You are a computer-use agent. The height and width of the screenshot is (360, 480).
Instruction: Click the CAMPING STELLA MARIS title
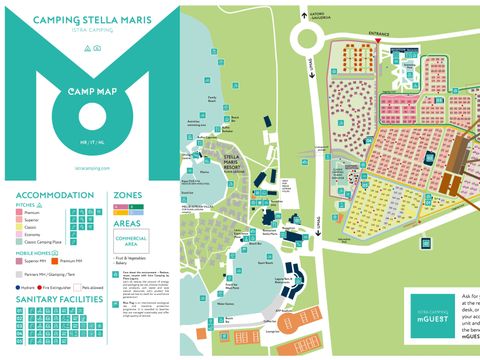pos(90,18)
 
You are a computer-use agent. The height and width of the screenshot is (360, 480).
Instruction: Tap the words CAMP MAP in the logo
pos(90,89)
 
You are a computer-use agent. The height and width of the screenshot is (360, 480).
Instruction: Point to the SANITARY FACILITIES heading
pos(58,298)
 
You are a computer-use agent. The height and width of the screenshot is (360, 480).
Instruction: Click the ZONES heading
pos(128,195)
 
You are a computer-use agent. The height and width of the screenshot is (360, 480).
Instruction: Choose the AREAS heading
pos(128,224)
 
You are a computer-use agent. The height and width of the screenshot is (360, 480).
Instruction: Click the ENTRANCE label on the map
pos(379,33)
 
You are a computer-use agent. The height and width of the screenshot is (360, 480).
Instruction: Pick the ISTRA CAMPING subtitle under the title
pos(90,32)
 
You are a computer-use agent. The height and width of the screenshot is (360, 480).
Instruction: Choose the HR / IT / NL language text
pos(90,145)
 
